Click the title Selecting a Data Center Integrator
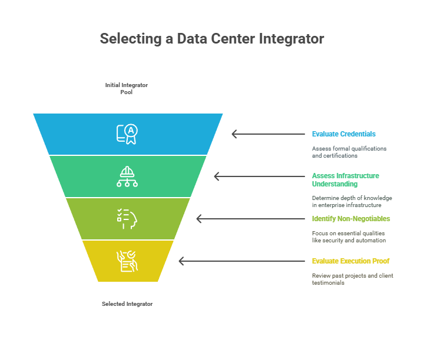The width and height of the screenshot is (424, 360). pyautogui.click(x=212, y=39)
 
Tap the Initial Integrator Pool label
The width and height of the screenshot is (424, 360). pyautogui.click(x=126, y=89)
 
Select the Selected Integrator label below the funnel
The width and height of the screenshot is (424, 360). pyautogui.click(x=127, y=304)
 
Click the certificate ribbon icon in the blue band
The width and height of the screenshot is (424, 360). pyautogui.click(x=127, y=134)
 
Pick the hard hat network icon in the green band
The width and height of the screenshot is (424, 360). pyautogui.click(x=127, y=176)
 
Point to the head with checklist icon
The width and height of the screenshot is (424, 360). pyautogui.click(x=127, y=219)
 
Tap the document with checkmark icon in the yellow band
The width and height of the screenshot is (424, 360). pyautogui.click(x=127, y=261)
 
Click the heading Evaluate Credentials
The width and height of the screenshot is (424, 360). pyautogui.click(x=344, y=134)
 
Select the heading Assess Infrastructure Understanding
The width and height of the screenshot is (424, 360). pyautogui.click(x=346, y=180)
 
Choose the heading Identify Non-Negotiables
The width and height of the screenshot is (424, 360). pyautogui.click(x=351, y=219)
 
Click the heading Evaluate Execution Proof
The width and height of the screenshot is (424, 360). pyautogui.click(x=351, y=261)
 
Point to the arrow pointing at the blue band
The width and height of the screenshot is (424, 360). pyautogui.click(x=269, y=134)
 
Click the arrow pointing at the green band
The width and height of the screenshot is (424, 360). pyautogui.click(x=259, y=176)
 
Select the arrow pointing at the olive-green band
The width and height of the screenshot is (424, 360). pyautogui.click(x=251, y=219)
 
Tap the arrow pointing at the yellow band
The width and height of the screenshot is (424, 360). pyautogui.click(x=242, y=261)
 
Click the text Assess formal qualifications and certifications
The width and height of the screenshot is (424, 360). pyautogui.click(x=349, y=152)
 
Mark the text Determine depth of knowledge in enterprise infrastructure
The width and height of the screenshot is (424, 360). pyautogui.click(x=352, y=201)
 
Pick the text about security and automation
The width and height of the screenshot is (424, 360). pyautogui.click(x=349, y=237)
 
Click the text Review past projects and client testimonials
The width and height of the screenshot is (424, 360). pyautogui.click(x=353, y=279)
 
